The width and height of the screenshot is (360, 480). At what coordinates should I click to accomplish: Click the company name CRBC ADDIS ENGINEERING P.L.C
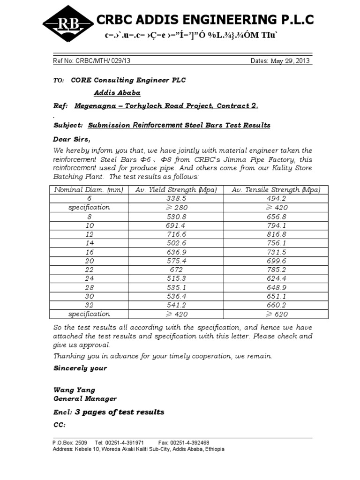point(205,20)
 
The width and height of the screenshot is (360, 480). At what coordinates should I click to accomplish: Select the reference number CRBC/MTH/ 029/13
point(103,61)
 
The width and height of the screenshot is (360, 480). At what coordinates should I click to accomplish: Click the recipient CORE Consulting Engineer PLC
point(128,80)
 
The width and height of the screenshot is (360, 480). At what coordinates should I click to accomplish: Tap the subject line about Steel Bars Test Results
point(179,125)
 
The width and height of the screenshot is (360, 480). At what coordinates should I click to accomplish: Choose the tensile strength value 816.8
point(276,233)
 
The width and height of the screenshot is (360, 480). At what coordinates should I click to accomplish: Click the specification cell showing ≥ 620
point(276,314)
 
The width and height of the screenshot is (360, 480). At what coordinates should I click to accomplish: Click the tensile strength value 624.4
point(276,278)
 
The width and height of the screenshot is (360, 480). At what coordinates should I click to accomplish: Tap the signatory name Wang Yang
point(74,390)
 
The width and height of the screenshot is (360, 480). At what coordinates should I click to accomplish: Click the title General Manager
point(85,399)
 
